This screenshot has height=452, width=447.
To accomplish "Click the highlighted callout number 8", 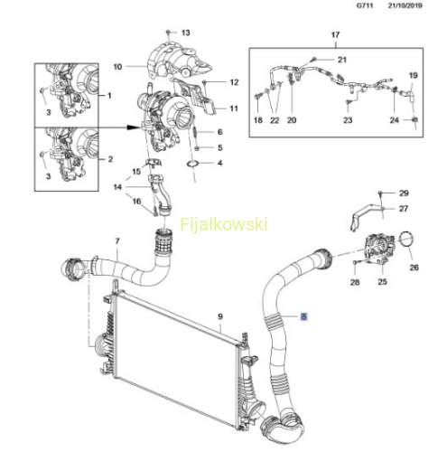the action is click(x=303, y=316).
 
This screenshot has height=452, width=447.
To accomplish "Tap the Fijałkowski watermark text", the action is click(x=224, y=225).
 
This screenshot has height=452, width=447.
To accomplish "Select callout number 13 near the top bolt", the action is click(x=186, y=33).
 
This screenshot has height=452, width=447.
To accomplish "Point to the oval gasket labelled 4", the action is click(x=192, y=165).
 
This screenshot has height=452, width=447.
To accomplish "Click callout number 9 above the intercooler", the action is click(x=220, y=316).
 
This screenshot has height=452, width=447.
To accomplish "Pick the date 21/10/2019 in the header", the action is click(x=405, y=5).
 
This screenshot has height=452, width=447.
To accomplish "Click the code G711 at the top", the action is click(x=365, y=5).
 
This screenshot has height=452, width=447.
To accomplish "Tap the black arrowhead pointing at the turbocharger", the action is click(x=133, y=127).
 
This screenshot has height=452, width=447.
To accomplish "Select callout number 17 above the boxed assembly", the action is click(x=335, y=35).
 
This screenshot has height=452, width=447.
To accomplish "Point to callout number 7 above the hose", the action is click(x=117, y=241).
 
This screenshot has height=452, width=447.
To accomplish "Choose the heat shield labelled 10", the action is click(x=178, y=61).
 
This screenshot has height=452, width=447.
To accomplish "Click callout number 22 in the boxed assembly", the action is click(x=275, y=120).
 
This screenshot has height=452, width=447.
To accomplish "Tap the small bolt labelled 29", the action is click(x=380, y=193).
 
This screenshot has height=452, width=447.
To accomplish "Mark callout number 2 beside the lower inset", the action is click(x=110, y=159).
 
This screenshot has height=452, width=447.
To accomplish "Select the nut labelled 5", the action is click(x=197, y=148).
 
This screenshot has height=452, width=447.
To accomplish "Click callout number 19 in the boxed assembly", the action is click(x=414, y=75).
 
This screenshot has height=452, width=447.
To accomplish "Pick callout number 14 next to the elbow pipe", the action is click(x=117, y=187).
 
